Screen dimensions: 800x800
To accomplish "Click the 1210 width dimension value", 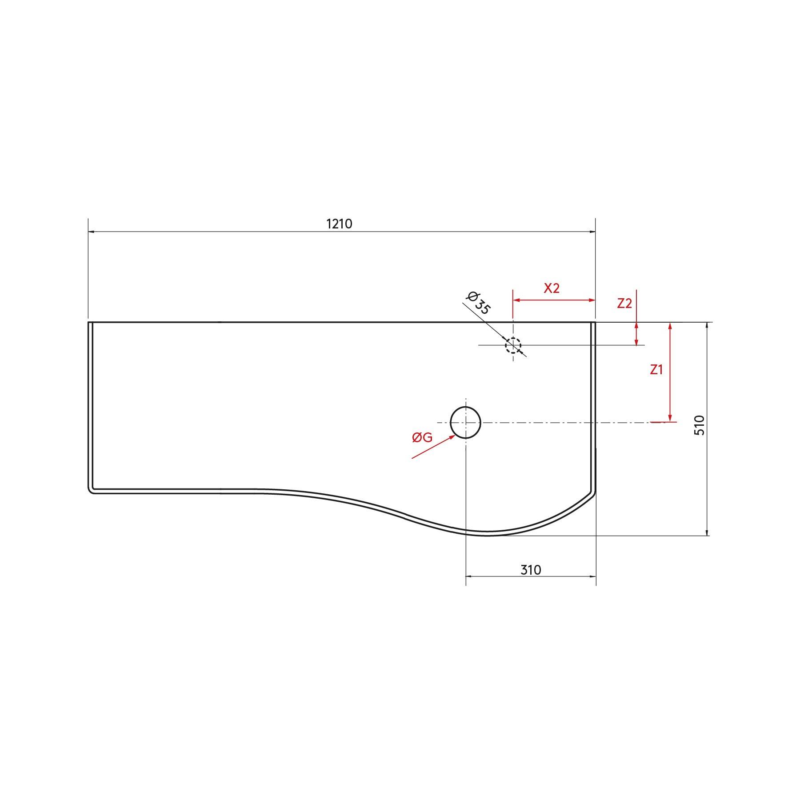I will pos(339,224).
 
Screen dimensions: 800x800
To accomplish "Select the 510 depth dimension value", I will pos(700,425).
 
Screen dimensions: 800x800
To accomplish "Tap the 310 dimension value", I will pos(531,570).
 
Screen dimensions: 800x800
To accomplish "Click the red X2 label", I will pos(552,288).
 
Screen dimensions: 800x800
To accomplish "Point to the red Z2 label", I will pos(624,304).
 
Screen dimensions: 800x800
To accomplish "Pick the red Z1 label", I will pos(656,369).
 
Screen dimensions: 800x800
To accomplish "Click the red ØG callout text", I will pos(422,438).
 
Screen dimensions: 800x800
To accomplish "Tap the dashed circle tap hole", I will pos(513,345).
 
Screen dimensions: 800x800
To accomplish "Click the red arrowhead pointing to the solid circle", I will pos(452,437).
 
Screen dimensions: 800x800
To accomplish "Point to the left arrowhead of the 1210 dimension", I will pos(91,232).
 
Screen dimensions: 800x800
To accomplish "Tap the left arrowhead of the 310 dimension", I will pos(468,576).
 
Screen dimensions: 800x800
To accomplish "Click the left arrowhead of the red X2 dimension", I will pos(516,300).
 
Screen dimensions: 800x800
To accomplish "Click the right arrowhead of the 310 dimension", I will pos(593,576).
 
